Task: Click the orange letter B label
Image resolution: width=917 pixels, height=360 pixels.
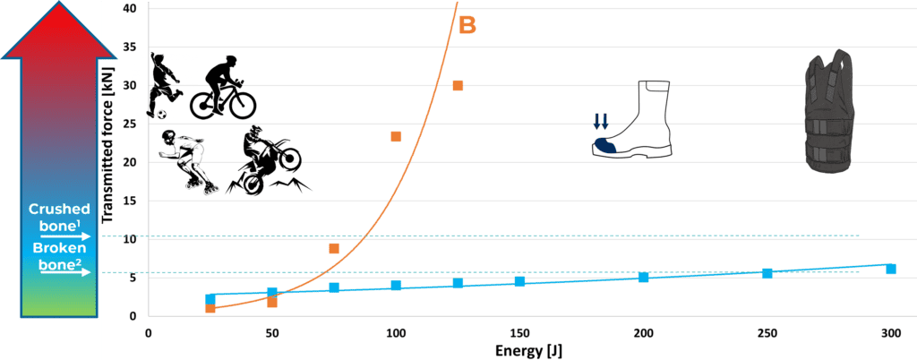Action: click(467, 25)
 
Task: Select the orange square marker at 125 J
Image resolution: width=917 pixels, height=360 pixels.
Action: click(458, 86)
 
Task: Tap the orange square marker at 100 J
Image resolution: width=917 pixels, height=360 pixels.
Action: click(396, 137)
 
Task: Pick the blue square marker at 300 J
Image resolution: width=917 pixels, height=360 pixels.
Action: click(891, 269)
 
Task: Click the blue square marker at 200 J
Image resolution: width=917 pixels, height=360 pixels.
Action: click(643, 278)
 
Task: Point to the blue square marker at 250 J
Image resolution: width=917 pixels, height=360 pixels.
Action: click(767, 273)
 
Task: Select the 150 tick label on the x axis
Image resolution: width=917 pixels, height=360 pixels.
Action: click(519, 332)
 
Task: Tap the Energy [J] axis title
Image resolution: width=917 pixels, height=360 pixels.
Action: click(529, 350)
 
